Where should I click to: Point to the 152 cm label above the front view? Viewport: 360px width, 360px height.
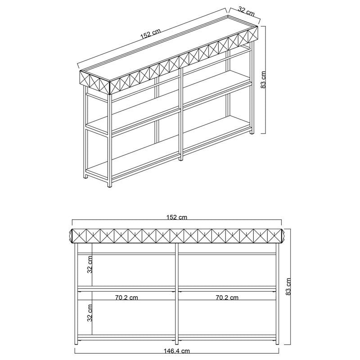pyautogui.click(x=176, y=217)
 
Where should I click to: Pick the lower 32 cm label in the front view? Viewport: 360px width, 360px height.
pyautogui.click(x=90, y=312)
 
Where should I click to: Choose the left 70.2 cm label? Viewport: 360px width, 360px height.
pyautogui.click(x=127, y=297)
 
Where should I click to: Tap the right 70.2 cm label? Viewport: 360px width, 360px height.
pyautogui.click(x=227, y=297)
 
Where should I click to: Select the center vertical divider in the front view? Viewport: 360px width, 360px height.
pyautogui.click(x=177, y=292)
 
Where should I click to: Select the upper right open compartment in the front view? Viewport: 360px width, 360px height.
pyautogui.click(x=227, y=270)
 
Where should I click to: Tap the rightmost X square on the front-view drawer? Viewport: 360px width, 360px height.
pyautogui.click(x=274, y=235)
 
